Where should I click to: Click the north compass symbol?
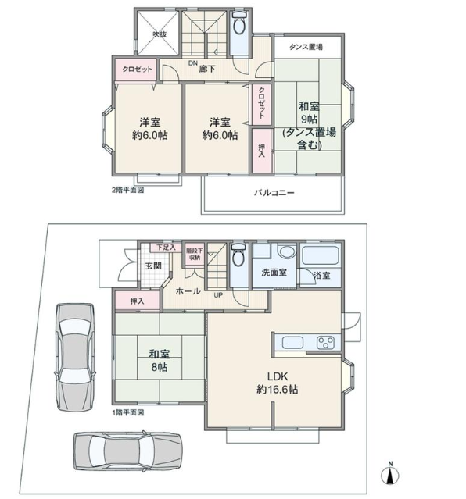[x=390, y=475]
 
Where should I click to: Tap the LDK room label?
[x=278, y=383]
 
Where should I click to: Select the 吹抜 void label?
[x=160, y=34]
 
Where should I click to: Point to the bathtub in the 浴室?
[x=320, y=255]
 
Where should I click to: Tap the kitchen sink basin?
[x=292, y=342]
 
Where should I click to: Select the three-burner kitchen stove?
[x=325, y=343]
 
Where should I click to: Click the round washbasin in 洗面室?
[x=287, y=251]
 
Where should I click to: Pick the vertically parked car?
[x=75, y=357]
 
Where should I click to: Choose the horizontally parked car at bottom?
[x=128, y=451]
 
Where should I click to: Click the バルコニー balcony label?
[x=274, y=193]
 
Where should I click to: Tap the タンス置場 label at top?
[x=306, y=47]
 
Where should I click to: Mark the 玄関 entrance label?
[x=153, y=266]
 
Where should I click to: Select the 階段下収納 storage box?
[x=195, y=255]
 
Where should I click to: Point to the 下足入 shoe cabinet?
[x=166, y=248]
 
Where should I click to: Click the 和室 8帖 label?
[x=160, y=361]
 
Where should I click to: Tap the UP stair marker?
[x=218, y=295]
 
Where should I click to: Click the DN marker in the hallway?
[x=193, y=62]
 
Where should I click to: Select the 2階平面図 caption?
[x=127, y=190]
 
